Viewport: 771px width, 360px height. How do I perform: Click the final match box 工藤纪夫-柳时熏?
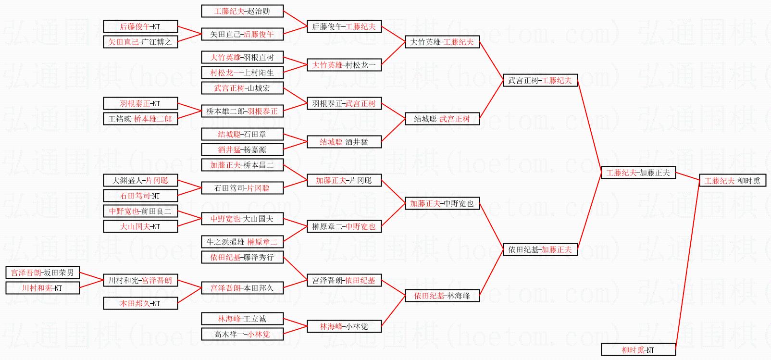(x=732, y=181)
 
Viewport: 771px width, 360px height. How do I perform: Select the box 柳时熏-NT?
(x=638, y=350)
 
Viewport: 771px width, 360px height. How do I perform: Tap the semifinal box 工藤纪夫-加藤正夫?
(x=638, y=173)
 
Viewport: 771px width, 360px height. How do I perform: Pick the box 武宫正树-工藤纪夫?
(x=540, y=81)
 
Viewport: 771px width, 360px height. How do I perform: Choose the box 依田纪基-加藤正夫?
(x=540, y=249)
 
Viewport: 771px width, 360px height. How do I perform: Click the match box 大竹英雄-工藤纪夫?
(x=442, y=42)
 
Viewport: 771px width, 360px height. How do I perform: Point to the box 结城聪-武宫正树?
(x=442, y=119)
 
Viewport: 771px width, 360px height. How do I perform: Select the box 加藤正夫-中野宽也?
(x=442, y=203)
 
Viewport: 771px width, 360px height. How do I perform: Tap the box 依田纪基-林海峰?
(x=442, y=296)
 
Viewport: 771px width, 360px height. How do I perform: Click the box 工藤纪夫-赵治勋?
(x=242, y=11)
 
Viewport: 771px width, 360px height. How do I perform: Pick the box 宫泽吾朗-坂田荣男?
(x=42, y=273)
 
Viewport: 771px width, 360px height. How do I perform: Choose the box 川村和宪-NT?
(x=42, y=288)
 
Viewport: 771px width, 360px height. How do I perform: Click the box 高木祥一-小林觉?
(x=242, y=334)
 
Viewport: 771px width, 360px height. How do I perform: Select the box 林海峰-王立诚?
(x=242, y=319)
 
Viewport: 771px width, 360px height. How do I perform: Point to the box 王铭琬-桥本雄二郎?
(x=140, y=119)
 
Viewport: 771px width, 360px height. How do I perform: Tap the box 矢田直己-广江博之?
(x=140, y=42)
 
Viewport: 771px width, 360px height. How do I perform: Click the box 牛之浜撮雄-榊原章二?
(x=242, y=242)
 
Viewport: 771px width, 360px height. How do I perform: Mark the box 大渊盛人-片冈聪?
(x=140, y=180)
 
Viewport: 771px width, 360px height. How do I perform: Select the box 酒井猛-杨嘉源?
(x=242, y=149)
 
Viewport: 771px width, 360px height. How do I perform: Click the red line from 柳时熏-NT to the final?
(x=687, y=262)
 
